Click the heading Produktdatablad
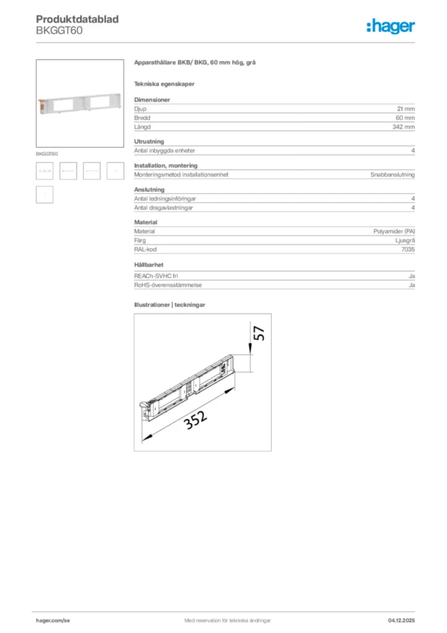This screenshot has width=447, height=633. (x=77, y=20)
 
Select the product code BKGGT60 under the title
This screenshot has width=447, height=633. (x=59, y=30)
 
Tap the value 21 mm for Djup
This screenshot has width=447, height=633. (x=406, y=108)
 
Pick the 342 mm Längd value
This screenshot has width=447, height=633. (x=404, y=127)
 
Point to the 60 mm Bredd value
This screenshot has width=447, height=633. (x=405, y=117)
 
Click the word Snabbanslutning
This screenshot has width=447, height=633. (x=392, y=174)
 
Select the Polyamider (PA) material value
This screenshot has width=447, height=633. (x=394, y=231)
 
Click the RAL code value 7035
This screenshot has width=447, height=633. (x=407, y=250)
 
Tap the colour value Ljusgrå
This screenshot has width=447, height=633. (x=404, y=240)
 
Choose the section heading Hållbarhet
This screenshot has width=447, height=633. (x=148, y=265)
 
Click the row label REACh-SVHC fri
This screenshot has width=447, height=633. (x=156, y=276)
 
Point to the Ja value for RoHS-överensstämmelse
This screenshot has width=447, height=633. (x=411, y=285)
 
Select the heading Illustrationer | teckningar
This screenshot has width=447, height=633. (x=170, y=305)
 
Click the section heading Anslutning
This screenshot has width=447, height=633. (x=149, y=189)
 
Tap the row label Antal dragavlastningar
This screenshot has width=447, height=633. (x=164, y=208)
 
